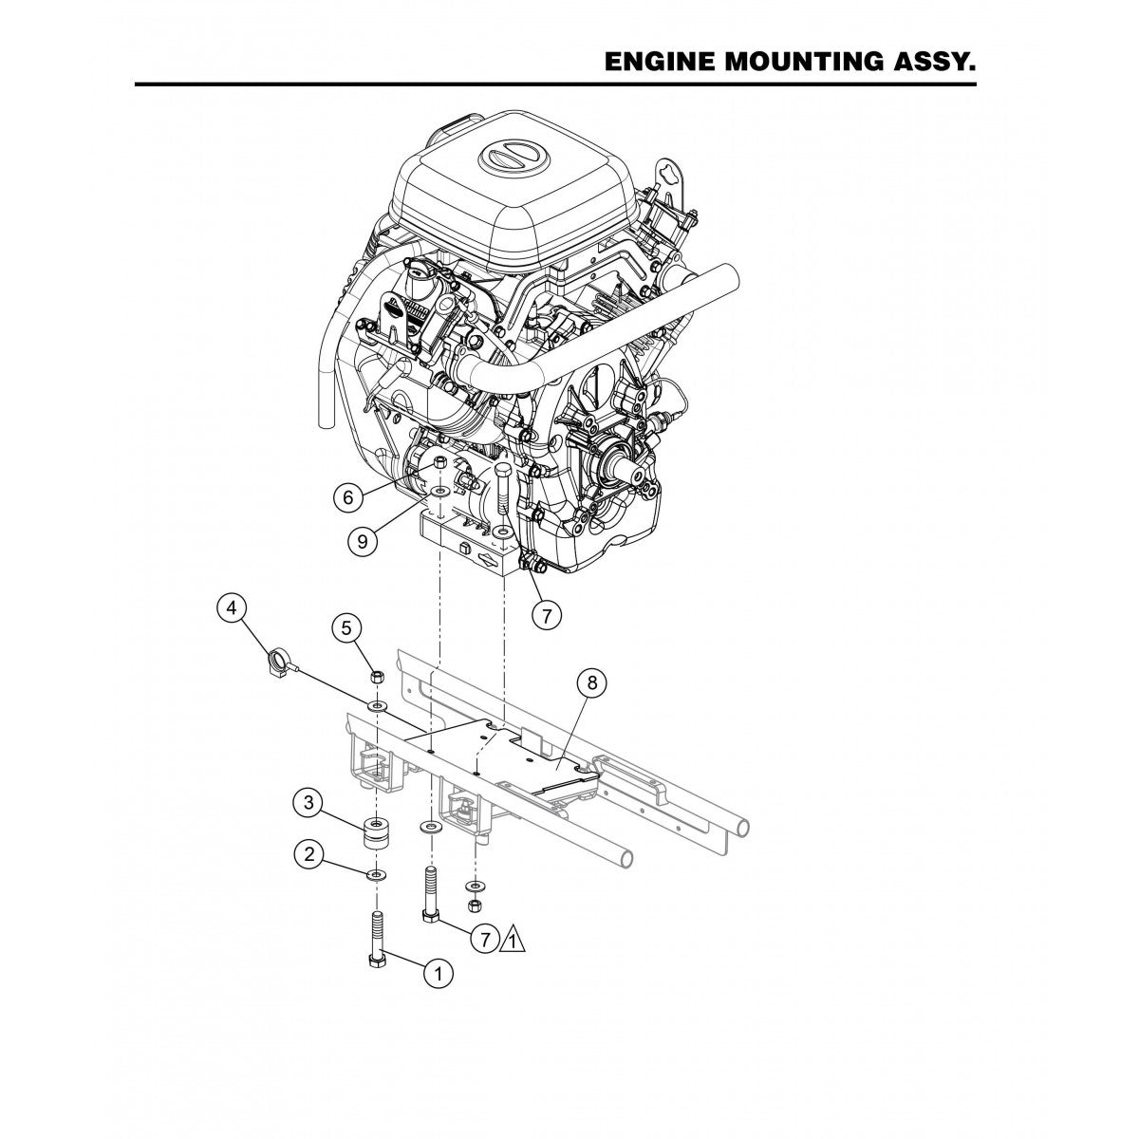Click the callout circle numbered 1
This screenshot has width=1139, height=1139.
pos(439,971)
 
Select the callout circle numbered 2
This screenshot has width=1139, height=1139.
pos(306,853)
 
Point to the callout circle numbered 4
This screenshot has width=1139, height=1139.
pos(231,608)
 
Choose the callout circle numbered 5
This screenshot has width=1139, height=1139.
pos(346,627)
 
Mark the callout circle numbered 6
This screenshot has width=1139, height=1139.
pos(348,495)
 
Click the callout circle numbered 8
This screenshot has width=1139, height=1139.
pos(592,682)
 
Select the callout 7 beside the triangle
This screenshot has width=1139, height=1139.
pos(484,940)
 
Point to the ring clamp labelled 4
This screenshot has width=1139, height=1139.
pos(276,657)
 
